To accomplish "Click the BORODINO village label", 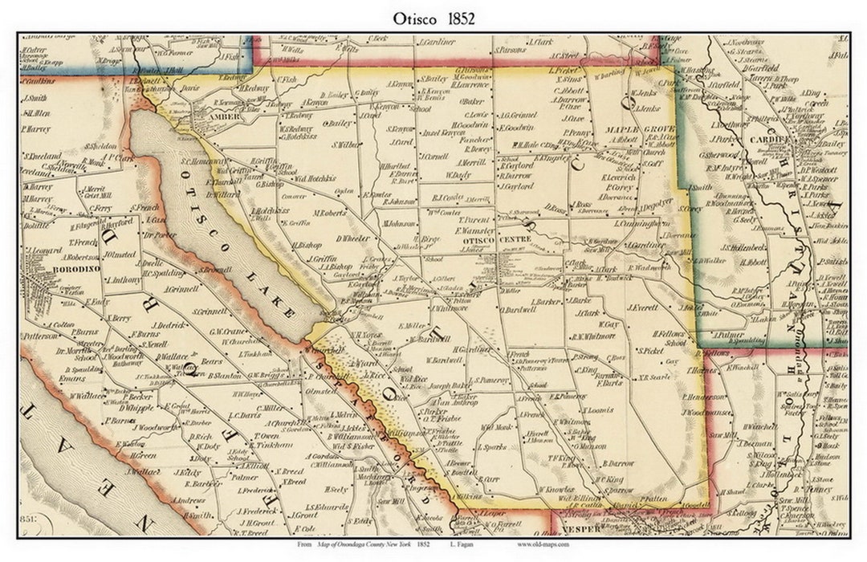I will [53, 268].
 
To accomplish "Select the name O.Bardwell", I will [517, 309].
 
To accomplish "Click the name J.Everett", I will [643, 307].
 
